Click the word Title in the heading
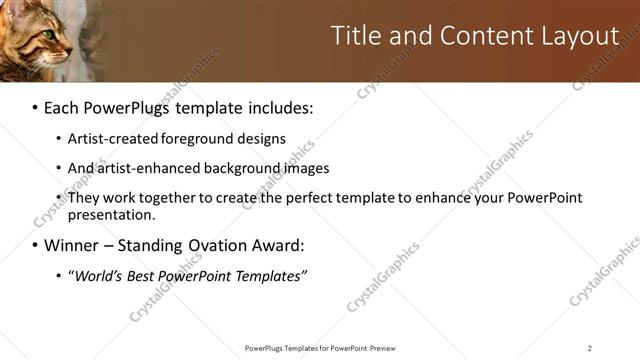355,36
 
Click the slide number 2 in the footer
590,348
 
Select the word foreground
189,138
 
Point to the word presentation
111,214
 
